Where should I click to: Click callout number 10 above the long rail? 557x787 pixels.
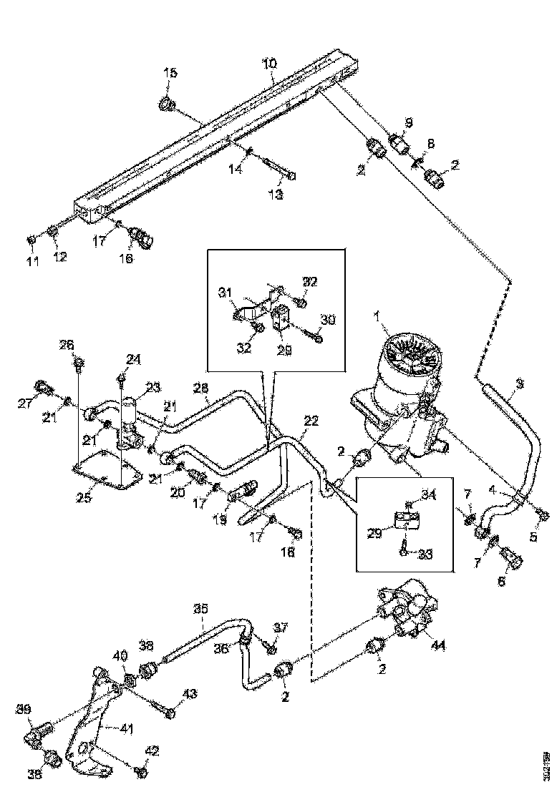(x=268, y=64)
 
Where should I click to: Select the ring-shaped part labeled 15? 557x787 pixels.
(x=165, y=104)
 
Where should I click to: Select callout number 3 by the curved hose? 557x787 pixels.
(x=519, y=384)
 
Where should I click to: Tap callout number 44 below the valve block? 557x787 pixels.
(x=439, y=645)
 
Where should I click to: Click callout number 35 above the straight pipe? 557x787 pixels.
(x=201, y=610)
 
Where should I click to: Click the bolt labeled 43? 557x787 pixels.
(x=168, y=712)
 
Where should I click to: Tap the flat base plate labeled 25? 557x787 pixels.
(x=107, y=476)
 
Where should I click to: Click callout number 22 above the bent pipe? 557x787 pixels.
(x=310, y=422)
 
